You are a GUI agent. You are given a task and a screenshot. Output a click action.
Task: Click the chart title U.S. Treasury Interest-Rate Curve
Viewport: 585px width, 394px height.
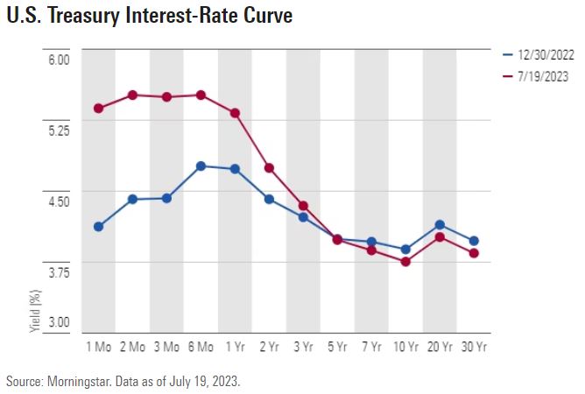tap(150, 17)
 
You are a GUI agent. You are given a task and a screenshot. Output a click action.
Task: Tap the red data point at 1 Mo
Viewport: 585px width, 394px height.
tap(98, 109)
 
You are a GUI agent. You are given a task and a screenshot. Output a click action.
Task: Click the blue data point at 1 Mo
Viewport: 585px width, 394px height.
tap(98, 227)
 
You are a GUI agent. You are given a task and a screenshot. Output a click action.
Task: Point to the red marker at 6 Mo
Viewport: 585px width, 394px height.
tap(201, 95)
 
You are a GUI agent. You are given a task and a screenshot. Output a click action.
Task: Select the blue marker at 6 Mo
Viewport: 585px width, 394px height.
tap(201, 165)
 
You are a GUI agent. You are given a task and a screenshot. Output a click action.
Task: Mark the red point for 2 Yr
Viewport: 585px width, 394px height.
tap(269, 167)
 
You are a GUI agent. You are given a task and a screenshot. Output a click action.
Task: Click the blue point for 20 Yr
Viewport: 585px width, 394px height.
tap(440, 225)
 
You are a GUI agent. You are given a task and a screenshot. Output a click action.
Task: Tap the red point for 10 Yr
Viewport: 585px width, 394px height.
tap(405, 261)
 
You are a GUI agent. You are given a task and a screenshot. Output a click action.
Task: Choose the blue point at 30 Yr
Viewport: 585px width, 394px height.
tap(474, 241)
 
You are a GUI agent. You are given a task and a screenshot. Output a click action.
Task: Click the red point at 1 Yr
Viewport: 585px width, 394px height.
tap(235, 113)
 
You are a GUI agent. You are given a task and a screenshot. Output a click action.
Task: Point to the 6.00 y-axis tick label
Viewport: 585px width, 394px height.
tap(59, 60)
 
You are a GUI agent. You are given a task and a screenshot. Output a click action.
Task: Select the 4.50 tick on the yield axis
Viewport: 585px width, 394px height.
tap(59, 201)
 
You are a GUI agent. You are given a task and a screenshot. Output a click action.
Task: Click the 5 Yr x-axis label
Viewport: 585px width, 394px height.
tap(336, 348)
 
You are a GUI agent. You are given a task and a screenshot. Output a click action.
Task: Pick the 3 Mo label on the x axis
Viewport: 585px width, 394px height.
tap(166, 348)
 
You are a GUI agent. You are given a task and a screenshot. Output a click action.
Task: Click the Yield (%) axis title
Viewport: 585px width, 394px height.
tap(36, 309)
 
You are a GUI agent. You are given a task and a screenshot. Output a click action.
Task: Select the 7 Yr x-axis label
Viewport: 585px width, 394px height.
tap(370, 348)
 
